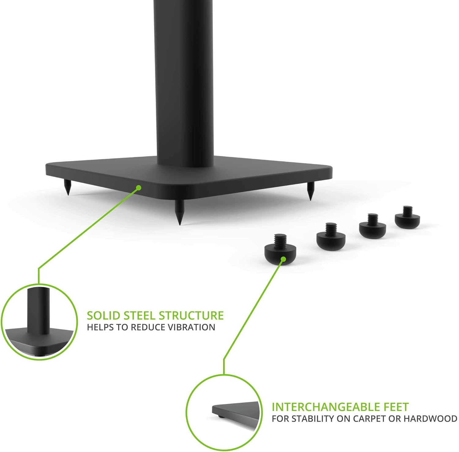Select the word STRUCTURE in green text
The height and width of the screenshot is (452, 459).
[192, 315]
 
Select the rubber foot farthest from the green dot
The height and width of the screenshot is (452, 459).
[407, 217]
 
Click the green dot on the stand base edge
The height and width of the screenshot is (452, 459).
[139, 187]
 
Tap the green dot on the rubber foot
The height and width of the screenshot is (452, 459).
[283, 259]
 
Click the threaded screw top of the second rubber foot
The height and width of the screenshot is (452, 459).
[330, 228]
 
